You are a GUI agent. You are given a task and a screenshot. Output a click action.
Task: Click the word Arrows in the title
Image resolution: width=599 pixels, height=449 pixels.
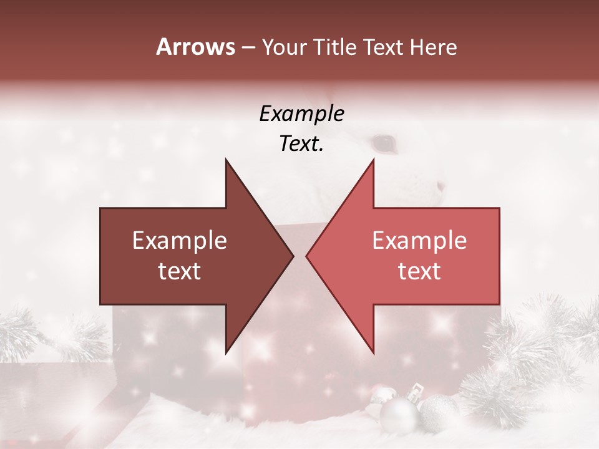[196, 47]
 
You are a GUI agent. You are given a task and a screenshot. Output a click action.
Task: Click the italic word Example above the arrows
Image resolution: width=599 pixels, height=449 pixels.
[301, 114]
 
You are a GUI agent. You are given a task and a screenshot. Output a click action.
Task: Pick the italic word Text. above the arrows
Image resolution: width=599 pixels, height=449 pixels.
[301, 143]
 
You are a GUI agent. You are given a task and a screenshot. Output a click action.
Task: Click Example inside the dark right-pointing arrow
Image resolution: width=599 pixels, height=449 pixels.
[180, 241]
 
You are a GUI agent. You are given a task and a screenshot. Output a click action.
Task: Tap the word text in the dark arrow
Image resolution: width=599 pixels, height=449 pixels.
[180, 271]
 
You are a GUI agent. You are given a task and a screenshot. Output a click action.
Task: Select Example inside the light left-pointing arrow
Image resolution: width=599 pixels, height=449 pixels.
[419, 241]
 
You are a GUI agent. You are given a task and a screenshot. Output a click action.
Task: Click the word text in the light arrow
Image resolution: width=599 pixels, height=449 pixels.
[419, 271]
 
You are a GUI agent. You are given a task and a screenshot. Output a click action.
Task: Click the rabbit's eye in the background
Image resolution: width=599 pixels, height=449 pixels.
[385, 144]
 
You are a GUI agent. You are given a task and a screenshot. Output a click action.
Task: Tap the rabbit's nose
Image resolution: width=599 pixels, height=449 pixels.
[441, 186]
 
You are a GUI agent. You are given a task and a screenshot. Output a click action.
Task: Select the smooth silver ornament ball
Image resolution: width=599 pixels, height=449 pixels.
[398, 415]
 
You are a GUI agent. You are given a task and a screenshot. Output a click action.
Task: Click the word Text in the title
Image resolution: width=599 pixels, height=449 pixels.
[382, 47]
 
